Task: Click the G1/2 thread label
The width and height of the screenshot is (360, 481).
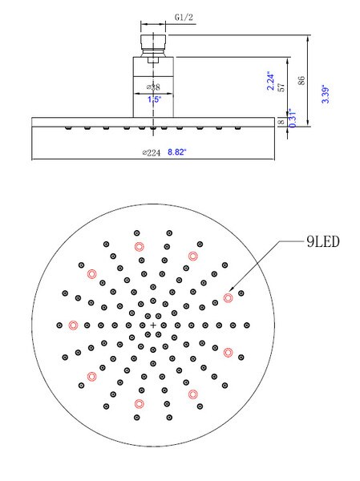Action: [x=184, y=17]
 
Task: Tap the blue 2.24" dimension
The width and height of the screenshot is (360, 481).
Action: [x=270, y=81]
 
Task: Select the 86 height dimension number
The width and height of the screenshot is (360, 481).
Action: [x=301, y=81]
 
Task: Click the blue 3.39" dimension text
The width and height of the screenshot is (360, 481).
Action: [x=326, y=94]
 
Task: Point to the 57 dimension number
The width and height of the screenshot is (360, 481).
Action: [x=281, y=87]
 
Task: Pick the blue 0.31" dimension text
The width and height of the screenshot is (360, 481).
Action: [x=293, y=118]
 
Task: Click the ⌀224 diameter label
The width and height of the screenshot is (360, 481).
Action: [x=152, y=152]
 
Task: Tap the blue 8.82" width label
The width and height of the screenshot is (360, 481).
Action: [x=177, y=152]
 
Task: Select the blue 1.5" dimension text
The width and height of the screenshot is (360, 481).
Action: [x=154, y=99]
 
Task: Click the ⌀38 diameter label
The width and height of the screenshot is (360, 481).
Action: [x=153, y=87]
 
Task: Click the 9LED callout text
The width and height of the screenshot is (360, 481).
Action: [x=323, y=242]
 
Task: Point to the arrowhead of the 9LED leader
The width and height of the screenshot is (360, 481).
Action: [x=231, y=289]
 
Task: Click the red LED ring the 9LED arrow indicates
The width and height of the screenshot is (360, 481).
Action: [x=228, y=297]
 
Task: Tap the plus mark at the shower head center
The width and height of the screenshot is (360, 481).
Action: [x=153, y=325]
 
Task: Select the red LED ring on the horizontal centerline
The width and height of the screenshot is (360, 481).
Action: [x=73, y=325]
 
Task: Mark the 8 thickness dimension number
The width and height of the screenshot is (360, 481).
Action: [x=281, y=122]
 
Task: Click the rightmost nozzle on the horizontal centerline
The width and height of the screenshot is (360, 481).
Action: [x=247, y=325]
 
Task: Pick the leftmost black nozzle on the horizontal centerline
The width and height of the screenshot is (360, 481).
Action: [x=59, y=325]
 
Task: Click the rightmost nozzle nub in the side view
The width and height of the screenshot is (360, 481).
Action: [x=237, y=128]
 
